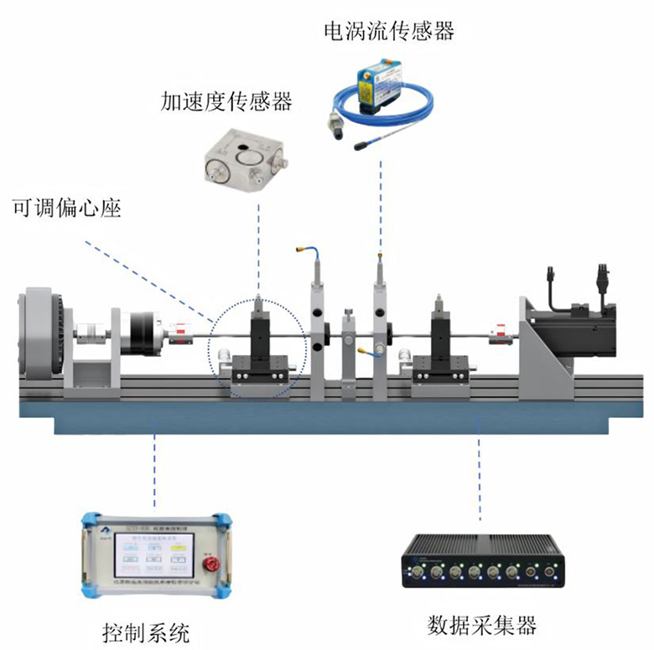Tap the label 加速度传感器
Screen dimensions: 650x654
coord(226,104)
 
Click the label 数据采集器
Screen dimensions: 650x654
coord(481,624)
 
